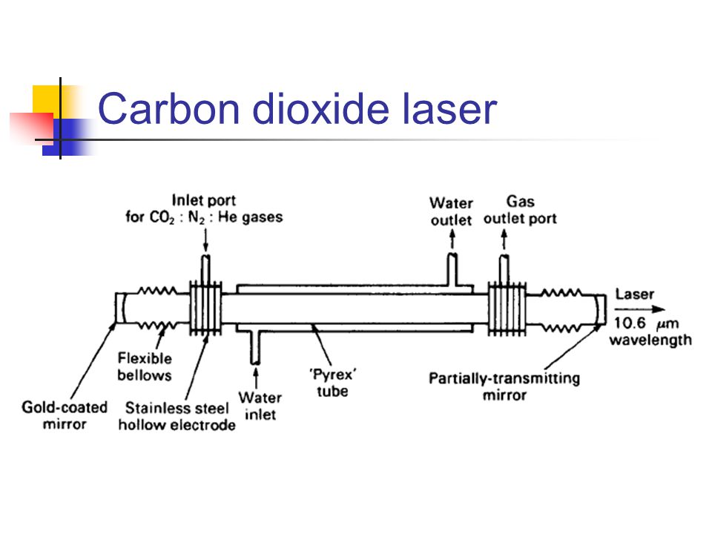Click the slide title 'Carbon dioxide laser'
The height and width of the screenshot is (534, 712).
tap(297, 110)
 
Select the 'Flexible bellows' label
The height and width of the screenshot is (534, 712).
tap(144, 366)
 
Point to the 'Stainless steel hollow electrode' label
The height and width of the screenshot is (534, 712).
tap(177, 416)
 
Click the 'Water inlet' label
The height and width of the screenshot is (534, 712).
tap(260, 406)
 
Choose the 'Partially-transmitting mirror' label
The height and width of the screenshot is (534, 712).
tap(504, 386)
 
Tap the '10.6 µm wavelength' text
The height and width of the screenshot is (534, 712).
tap(650, 332)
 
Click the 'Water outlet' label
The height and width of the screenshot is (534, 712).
tap(451, 211)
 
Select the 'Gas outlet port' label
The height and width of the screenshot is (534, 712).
tap(520, 210)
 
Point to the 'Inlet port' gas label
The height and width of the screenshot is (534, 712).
tap(203, 208)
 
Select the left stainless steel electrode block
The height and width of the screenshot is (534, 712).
tap(205, 308)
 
